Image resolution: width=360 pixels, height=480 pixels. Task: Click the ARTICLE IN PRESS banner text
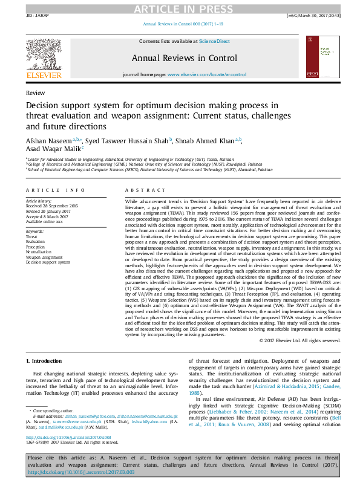(179, 8)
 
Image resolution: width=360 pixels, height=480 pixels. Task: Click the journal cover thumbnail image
(319, 56)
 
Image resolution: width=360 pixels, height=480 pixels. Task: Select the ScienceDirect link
(215, 41)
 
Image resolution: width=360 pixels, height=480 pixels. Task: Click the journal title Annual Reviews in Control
(180, 58)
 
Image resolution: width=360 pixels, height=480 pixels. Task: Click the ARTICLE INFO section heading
(55, 190)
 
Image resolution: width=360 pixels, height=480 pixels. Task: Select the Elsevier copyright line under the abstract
(299, 340)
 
